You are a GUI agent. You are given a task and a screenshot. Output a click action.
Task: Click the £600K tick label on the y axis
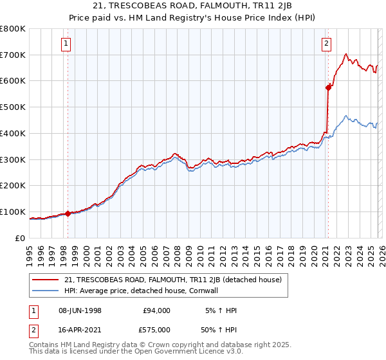[x=13, y=81]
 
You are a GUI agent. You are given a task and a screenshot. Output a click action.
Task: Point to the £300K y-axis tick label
[x=13, y=159]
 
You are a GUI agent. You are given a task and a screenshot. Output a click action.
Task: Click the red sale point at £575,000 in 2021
[x=328, y=87]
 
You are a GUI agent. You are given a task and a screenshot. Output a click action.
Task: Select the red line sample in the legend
[x=45, y=280]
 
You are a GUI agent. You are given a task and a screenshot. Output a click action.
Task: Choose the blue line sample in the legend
[x=45, y=291]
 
